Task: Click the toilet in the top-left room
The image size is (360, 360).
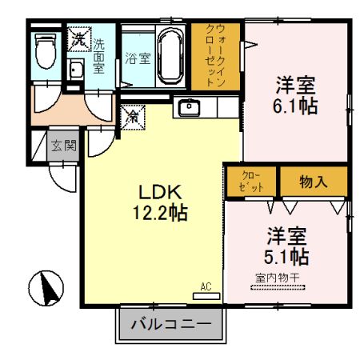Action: pos(46,51)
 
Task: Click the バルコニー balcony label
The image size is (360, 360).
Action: pos(170,326)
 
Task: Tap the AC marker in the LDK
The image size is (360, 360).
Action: pos(206,285)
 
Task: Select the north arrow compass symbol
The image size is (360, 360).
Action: pos(47,286)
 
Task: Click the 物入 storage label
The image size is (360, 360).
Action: pos(314,181)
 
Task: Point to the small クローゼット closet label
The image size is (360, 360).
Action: pos(250,181)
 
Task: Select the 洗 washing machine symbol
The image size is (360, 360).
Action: pos(78,38)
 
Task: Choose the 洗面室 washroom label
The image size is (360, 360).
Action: pos(101,54)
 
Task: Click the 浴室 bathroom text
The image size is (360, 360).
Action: pos(136,58)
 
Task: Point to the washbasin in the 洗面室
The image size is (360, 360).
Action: pos(78,70)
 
